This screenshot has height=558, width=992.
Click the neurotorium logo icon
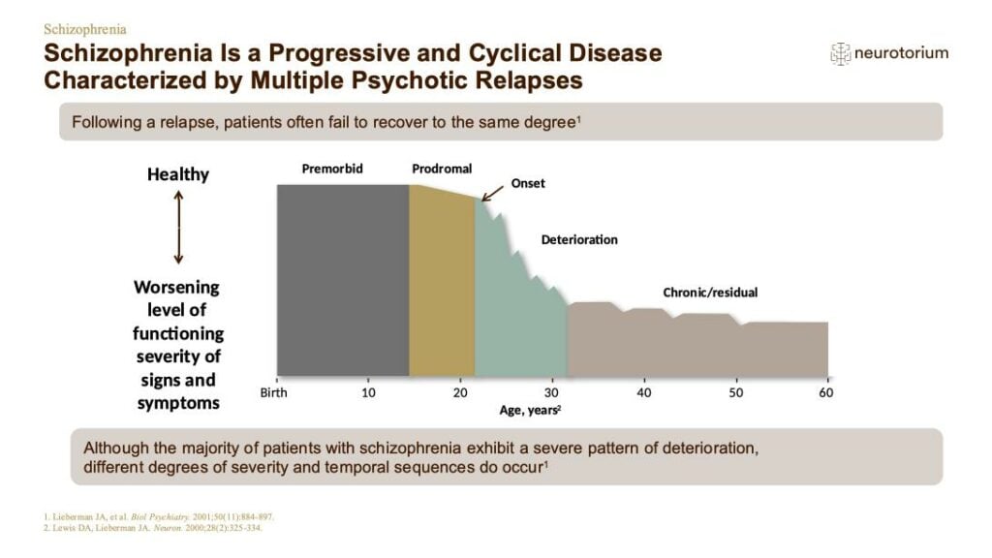[840, 54]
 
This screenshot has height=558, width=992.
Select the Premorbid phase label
[332, 169]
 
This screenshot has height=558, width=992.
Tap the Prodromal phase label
[442, 169]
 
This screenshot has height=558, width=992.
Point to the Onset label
[528, 183]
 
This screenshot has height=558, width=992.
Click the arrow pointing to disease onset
[492, 194]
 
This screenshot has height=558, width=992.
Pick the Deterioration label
[579, 240]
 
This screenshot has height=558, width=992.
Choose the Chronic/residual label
[710, 293]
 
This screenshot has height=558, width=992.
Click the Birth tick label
[273, 393]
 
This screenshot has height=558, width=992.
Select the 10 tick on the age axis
[368, 393]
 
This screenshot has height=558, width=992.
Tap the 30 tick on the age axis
[551, 393]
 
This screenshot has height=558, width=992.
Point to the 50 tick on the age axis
[735, 393]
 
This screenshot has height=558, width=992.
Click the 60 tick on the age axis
[826, 393]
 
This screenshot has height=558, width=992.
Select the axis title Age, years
[530, 410]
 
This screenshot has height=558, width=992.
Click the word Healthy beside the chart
[178, 174]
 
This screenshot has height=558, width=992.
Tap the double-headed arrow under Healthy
[178, 228]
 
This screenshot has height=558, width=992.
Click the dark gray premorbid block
[343, 280]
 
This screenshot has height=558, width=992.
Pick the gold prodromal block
[442, 282]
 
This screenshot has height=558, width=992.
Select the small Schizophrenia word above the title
[85, 29]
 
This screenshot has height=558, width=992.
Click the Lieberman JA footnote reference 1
[159, 517]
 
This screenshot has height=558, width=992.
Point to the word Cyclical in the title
[513, 54]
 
